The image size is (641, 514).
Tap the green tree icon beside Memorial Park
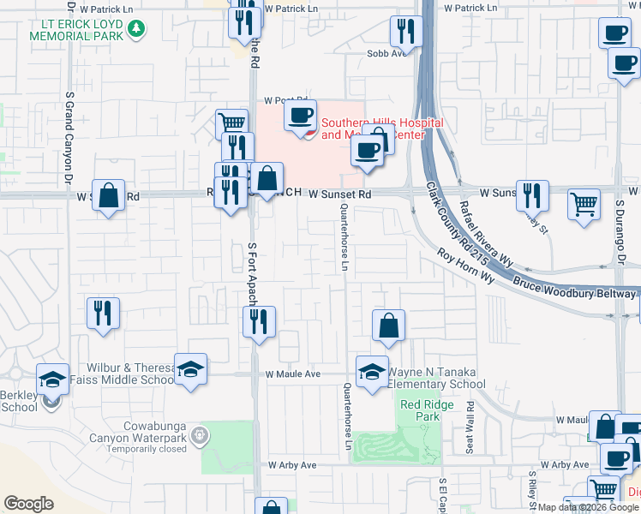point(135,30)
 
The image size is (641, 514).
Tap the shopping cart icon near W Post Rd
point(231,123)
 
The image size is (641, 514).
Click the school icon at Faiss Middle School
point(190,369)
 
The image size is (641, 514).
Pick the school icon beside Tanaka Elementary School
point(371,372)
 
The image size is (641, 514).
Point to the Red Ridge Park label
point(420,410)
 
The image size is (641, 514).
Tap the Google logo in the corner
point(28,504)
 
